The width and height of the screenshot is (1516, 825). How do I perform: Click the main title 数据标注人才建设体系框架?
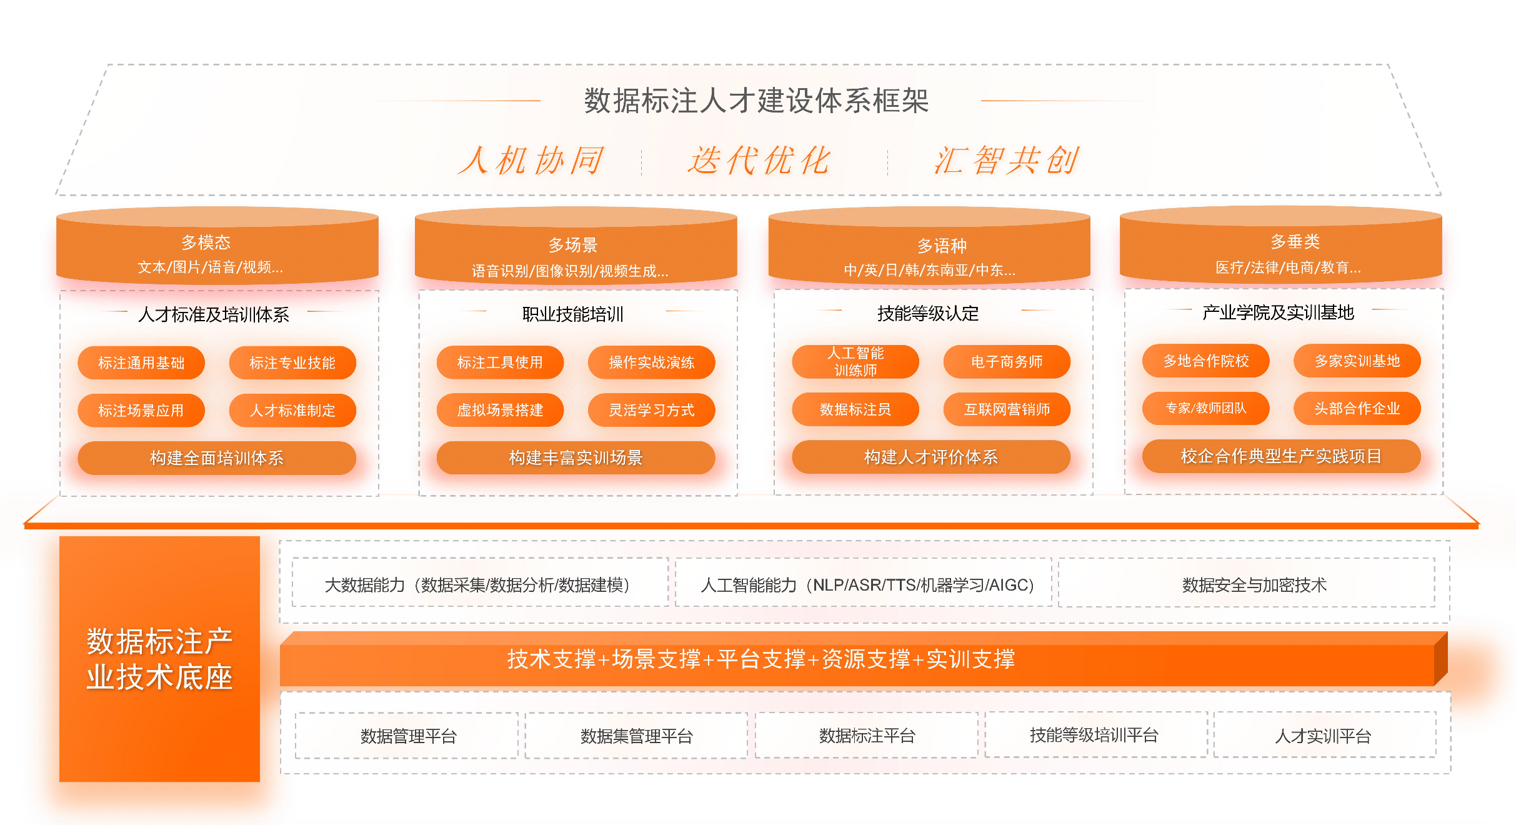tap(756, 100)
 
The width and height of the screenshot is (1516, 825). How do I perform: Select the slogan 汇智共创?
tap(1006, 160)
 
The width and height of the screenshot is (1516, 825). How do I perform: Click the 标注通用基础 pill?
tap(141, 362)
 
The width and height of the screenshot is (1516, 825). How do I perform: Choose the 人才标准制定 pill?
tap(292, 410)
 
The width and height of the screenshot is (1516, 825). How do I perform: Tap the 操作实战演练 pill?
tap(652, 362)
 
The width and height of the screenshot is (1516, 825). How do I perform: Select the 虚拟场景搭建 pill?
tap(500, 410)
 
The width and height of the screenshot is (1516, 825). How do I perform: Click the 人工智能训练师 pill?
tap(855, 361)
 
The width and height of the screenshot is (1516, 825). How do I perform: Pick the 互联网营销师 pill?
tap(1007, 409)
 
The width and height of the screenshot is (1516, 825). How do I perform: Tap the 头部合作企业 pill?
tap(1357, 408)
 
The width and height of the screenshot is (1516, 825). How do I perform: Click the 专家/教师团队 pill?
tap(1206, 408)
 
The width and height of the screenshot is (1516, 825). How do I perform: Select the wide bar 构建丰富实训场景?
tap(576, 457)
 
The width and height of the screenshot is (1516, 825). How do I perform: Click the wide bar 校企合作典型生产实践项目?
tap(1282, 456)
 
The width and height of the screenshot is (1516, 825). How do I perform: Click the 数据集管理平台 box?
tap(636, 736)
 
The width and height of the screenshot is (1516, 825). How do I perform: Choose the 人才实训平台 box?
tap(1325, 735)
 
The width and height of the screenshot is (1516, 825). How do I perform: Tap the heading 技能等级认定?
tap(928, 313)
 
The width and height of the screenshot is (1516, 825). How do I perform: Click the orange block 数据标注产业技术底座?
tap(159, 659)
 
